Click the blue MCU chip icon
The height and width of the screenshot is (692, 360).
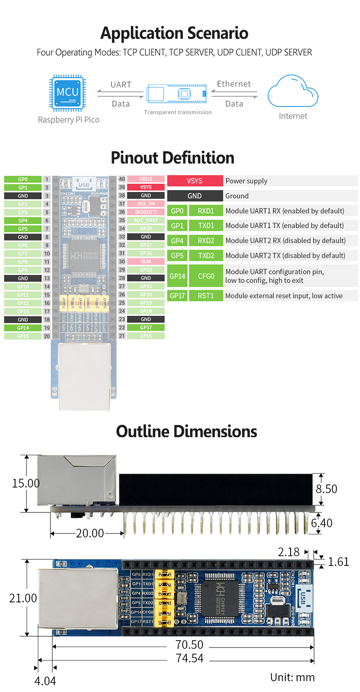click(x=68, y=93)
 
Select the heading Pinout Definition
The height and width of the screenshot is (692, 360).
click(x=172, y=158)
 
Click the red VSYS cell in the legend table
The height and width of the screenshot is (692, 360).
click(x=195, y=181)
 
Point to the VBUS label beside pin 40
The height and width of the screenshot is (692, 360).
click(x=146, y=179)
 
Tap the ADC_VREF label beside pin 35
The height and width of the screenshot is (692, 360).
click(x=146, y=220)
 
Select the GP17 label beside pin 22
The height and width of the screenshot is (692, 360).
click(x=146, y=328)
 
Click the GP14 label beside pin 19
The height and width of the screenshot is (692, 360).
click(x=23, y=328)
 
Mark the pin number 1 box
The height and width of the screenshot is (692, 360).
click(x=47, y=179)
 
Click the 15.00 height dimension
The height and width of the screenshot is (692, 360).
click(x=26, y=483)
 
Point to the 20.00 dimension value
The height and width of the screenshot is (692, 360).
click(x=90, y=533)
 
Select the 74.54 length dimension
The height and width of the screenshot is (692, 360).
click(x=189, y=658)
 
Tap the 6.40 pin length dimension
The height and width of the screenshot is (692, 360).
click(x=322, y=523)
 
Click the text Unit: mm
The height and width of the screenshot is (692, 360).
click(x=292, y=677)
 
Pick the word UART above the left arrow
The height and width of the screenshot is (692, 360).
click(x=121, y=85)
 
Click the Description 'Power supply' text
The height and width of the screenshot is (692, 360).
click(x=246, y=181)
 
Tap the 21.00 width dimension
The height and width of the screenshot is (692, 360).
click(x=23, y=598)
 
